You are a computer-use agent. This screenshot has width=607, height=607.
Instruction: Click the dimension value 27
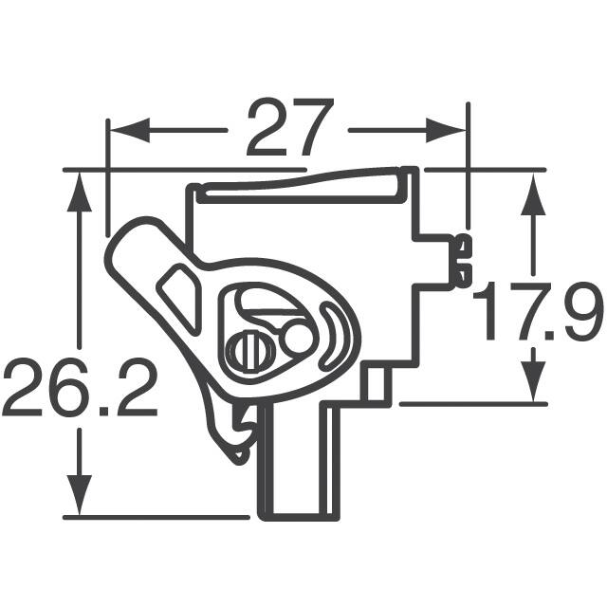[x=289, y=128]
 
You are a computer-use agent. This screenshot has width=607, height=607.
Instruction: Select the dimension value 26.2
[x=80, y=388]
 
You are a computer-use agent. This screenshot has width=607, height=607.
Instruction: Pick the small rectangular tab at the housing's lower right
[x=377, y=384]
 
